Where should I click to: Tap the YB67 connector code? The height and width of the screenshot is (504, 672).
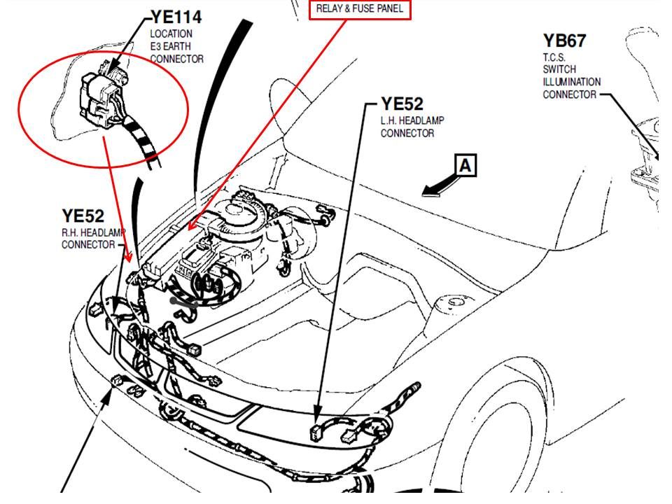tap(564, 41)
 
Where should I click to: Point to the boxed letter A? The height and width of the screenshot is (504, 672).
tap(466, 165)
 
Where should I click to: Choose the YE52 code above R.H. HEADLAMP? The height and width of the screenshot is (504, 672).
tap(83, 216)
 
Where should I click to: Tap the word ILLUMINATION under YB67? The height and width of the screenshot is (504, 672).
tap(571, 82)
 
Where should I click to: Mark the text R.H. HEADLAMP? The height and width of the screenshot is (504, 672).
tap(89, 232)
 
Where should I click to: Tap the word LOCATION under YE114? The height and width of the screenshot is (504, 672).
tap(171, 34)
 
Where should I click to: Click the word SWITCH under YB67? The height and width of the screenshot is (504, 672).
tap(559, 69)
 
